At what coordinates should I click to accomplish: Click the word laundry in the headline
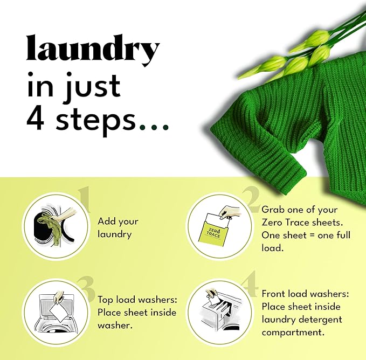93,50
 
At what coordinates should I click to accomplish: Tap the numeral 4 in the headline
37,119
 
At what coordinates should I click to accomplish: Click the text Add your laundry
118,227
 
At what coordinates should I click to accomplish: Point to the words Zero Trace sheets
300,223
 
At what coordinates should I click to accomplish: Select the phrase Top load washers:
137,300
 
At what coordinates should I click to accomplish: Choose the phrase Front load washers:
306,294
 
